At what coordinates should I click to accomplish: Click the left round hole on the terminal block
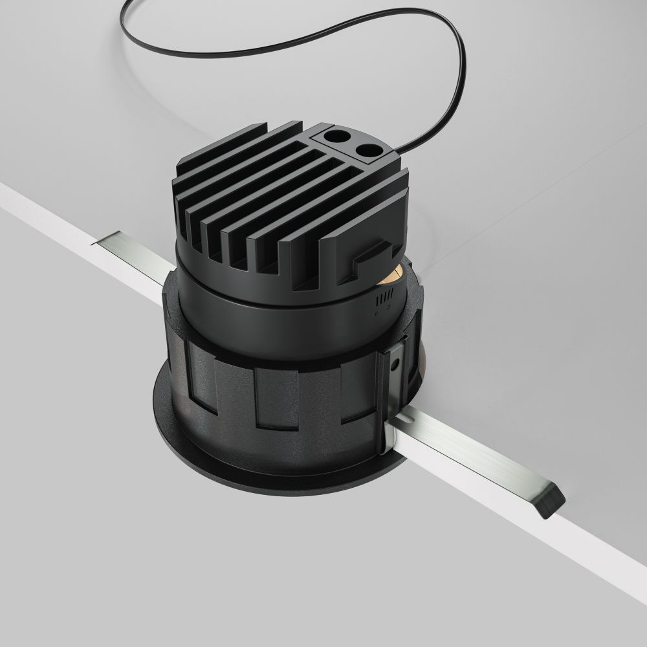pyautogui.click(x=336, y=137)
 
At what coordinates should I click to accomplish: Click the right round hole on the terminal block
pyautogui.click(x=369, y=151)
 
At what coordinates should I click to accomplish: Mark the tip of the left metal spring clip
pyautogui.click(x=97, y=241)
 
